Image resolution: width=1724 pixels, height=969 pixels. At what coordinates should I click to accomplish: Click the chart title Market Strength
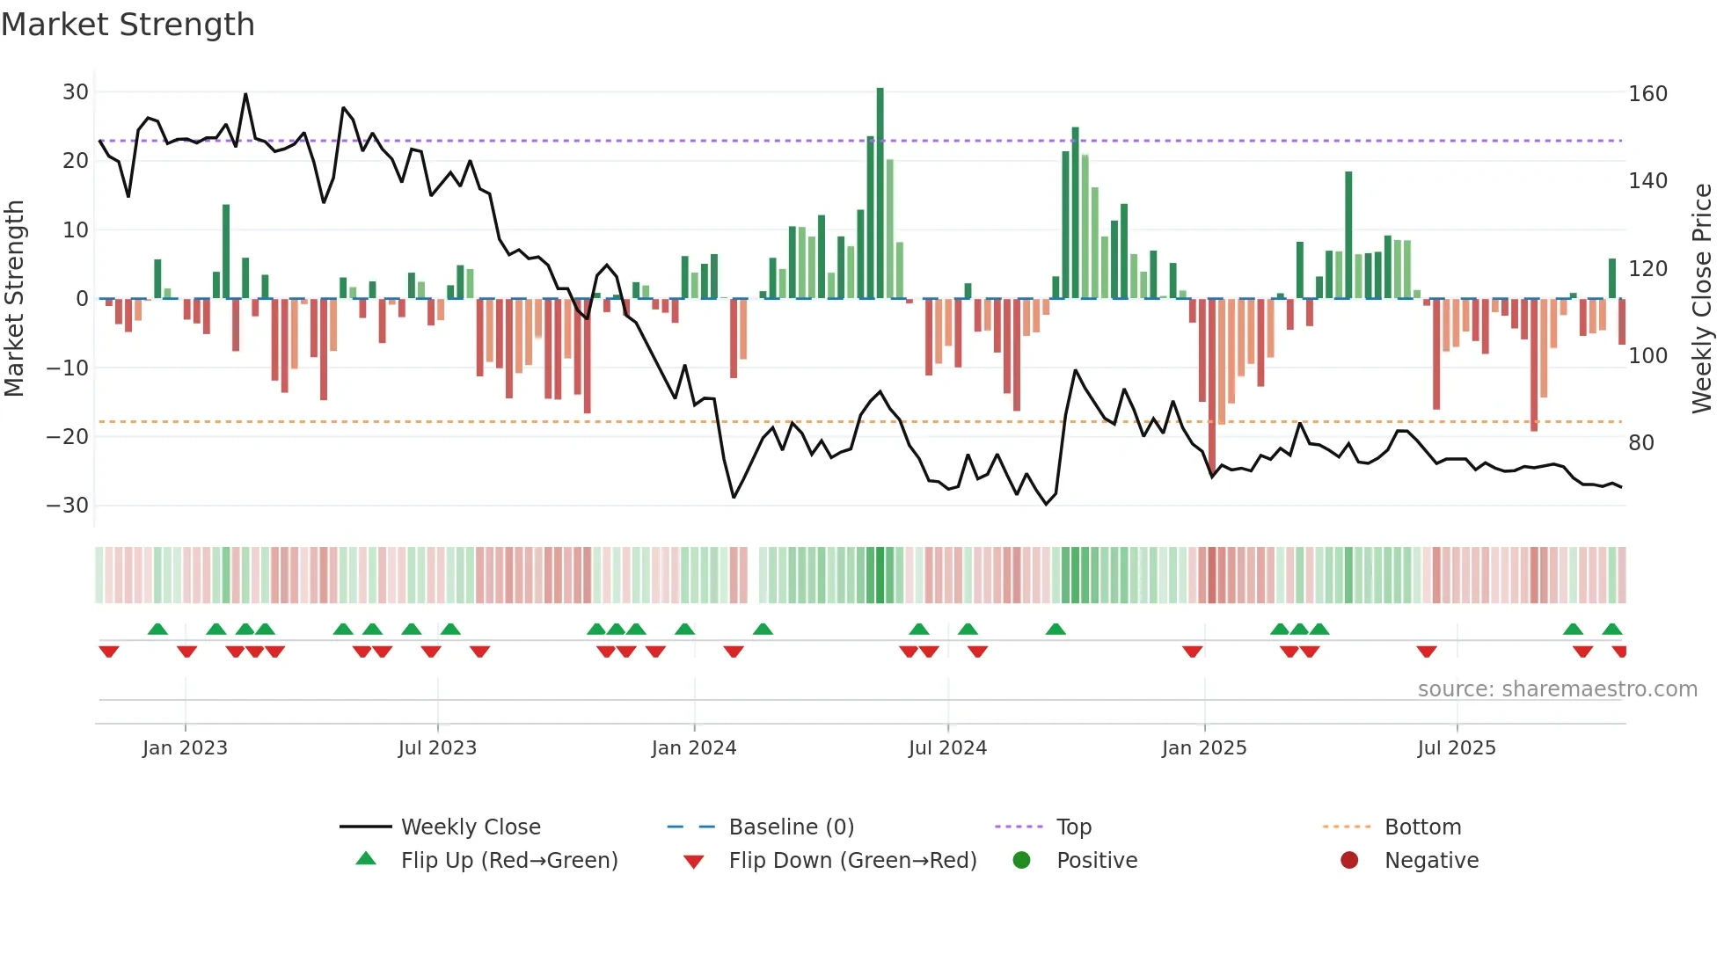click(128, 25)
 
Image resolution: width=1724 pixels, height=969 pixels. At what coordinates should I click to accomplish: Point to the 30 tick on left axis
click(76, 92)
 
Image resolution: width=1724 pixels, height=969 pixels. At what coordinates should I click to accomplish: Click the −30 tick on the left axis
click(68, 506)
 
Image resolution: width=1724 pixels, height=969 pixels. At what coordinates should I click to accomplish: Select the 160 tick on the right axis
click(1647, 94)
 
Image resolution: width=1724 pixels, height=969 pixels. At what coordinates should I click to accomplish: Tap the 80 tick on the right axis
click(1641, 443)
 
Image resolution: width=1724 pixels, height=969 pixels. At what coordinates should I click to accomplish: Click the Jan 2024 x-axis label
click(694, 748)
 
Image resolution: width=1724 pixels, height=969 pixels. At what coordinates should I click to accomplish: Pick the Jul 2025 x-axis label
click(1457, 748)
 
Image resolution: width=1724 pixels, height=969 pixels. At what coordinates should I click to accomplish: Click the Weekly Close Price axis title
click(1702, 299)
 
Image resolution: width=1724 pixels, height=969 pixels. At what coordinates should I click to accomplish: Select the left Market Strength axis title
click(14, 299)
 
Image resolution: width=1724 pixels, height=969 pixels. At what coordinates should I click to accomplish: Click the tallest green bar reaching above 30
click(880, 193)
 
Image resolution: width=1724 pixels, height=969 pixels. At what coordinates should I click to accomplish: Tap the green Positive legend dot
click(1021, 861)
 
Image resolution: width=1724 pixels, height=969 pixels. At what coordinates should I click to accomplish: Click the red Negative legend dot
click(1349, 861)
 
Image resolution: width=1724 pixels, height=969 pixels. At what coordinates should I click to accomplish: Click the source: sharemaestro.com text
click(1557, 689)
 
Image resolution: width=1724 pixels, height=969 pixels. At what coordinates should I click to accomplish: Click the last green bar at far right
click(1612, 279)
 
